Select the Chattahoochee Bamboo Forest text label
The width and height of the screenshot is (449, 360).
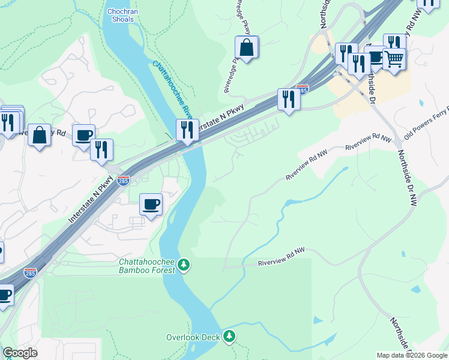click(147, 266)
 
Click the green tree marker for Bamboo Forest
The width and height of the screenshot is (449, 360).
click(185, 265)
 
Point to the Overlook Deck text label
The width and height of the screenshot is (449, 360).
click(193, 337)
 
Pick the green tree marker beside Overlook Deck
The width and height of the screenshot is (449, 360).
click(229, 337)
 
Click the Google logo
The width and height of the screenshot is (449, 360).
click(20, 353)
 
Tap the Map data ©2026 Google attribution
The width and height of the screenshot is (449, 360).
click(412, 355)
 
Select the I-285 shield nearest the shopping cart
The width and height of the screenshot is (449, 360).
click(303, 90)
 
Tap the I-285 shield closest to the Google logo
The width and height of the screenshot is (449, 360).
click(30, 274)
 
